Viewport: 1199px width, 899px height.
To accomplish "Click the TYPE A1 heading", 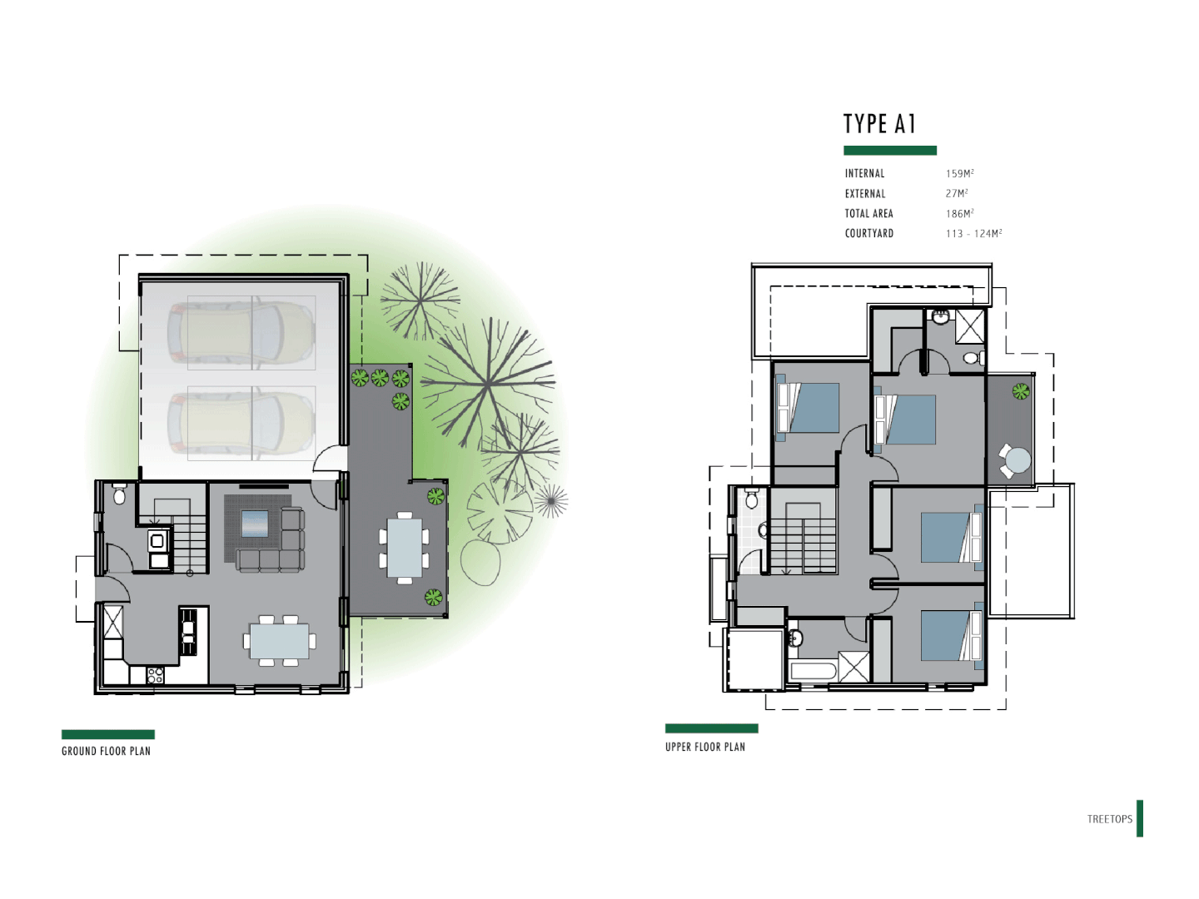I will point(879,124).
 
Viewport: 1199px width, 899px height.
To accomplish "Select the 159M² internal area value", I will point(959,174).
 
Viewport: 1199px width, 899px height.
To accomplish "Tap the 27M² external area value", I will point(956,194).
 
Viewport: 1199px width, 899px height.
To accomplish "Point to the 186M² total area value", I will point(959,214).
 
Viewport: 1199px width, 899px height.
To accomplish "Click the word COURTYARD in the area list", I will point(868,234).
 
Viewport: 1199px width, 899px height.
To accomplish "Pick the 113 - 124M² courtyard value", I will point(973,234).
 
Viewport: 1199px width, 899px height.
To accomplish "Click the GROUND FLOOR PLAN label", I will point(106,751).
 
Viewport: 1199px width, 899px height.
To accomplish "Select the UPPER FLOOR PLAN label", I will point(704,747).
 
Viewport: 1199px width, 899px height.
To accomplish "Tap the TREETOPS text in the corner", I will point(1109,819).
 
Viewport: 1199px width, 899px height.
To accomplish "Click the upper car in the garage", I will point(241,332).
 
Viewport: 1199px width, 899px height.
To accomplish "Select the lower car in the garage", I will point(241,423).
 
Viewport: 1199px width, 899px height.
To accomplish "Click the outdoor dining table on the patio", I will point(405,548).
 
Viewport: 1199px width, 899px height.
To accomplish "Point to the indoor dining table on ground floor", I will point(279,641).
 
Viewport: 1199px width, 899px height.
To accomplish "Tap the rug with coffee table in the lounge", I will point(256,524).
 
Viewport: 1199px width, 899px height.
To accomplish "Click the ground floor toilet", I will point(119,495).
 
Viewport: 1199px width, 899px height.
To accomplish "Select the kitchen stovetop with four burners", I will point(155,674).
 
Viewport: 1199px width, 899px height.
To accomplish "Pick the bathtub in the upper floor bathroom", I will point(813,671).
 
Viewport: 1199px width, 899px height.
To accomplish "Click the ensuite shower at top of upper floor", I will point(969,325).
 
